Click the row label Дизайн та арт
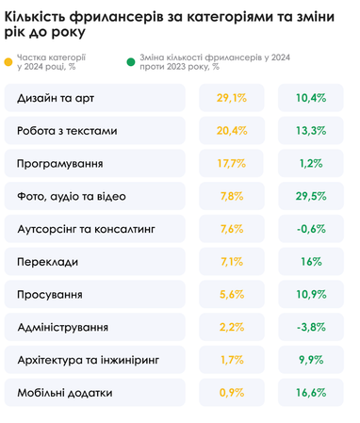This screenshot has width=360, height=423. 56,98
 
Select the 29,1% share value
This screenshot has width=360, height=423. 231,98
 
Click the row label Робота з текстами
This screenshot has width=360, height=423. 69,131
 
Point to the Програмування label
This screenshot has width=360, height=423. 60,164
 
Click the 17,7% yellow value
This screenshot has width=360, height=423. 231,164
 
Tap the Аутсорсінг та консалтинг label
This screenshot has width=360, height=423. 86,229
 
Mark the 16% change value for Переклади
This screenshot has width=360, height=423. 311,262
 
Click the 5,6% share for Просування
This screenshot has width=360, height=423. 231,295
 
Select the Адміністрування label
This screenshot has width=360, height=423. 62,328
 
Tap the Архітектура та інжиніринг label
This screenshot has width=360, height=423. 89,360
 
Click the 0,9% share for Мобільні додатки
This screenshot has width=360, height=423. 231,393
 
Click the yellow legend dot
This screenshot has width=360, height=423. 8,62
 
